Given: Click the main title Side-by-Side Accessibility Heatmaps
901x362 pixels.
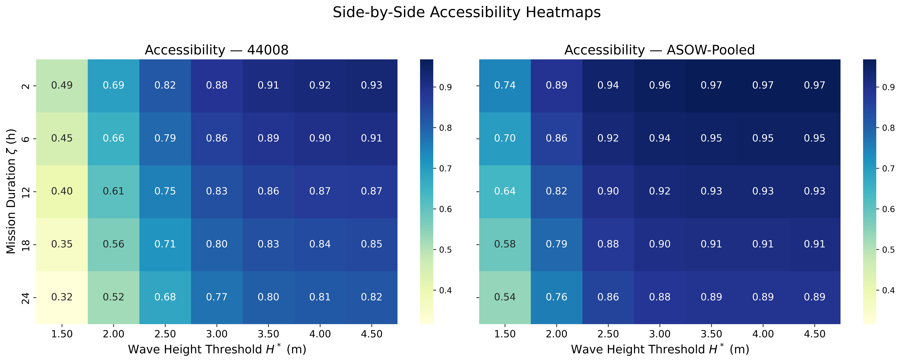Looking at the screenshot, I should pyautogui.click(x=467, y=13).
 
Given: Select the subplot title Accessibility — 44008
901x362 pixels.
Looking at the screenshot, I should pyautogui.click(x=217, y=50).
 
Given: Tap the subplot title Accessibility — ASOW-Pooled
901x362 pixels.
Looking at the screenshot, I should pyautogui.click(x=659, y=50).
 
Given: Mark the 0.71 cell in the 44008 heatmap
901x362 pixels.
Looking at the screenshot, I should pyautogui.click(x=165, y=244).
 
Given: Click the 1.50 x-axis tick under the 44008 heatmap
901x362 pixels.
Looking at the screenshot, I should pyautogui.click(x=62, y=334).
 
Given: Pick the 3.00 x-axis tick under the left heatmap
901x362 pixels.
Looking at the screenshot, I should pyautogui.click(x=217, y=334).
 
